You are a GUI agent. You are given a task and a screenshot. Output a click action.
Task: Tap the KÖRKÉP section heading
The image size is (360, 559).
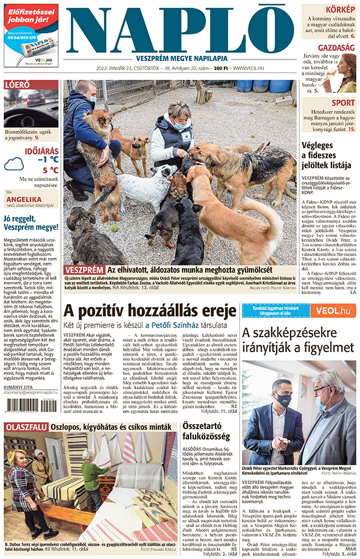[x=340, y=10]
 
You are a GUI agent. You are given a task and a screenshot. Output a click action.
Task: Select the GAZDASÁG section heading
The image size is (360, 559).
[x=336, y=47]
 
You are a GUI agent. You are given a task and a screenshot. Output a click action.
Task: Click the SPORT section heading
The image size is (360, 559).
[x=343, y=103]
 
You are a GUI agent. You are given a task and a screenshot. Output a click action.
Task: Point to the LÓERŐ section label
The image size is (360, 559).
[x=17, y=85]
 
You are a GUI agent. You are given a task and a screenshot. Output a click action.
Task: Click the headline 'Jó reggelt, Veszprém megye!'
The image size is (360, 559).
[x=31, y=223]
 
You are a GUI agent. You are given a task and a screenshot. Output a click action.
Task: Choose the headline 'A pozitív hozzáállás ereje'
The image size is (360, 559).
[x=149, y=311]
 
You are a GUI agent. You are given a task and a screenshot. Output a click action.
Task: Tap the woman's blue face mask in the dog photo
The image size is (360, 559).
[x=180, y=127]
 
